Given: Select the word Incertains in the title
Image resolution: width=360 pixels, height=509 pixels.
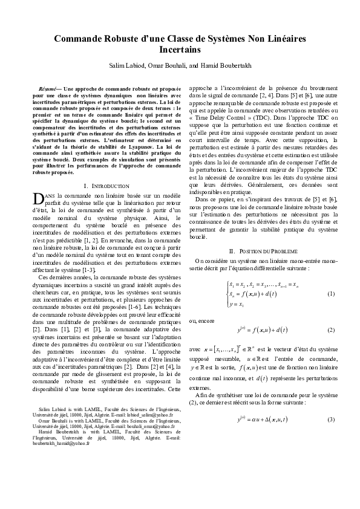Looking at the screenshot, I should (x=180, y=50).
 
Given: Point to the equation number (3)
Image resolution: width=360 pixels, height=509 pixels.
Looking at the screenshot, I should (x=330, y=402).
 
